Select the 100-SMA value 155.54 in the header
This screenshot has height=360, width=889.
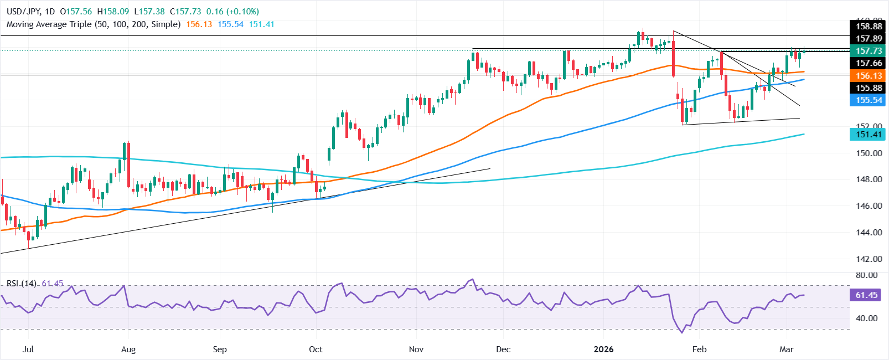pyautogui.click(x=230, y=24)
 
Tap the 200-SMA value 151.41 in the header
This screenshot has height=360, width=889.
pyautogui.click(x=261, y=24)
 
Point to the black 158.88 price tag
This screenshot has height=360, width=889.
pyautogui.click(x=868, y=27)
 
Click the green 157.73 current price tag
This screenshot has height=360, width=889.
pyautogui.click(x=868, y=51)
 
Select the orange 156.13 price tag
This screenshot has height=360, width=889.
pyautogui.click(x=868, y=76)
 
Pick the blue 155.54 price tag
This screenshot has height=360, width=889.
pyautogui.click(x=868, y=100)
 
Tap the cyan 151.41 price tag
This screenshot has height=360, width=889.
pyautogui.click(x=868, y=135)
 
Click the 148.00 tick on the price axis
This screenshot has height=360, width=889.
pyautogui.click(x=869, y=179)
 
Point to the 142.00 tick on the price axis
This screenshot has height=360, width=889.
pyautogui.click(x=869, y=259)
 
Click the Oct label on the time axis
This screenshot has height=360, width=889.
pyautogui.click(x=316, y=349)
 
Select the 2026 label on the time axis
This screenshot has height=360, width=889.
pyautogui.click(x=603, y=349)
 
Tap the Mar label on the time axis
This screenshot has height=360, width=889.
pyautogui.click(x=786, y=349)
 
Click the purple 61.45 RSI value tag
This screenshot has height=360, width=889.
pyautogui.click(x=866, y=295)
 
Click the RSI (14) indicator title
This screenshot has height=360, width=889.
pyautogui.click(x=22, y=284)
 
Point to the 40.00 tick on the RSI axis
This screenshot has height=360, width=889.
pyautogui.click(x=866, y=318)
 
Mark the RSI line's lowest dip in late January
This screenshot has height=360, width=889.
pyautogui.click(x=682, y=332)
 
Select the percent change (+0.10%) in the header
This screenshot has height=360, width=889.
pyautogui.click(x=240, y=12)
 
